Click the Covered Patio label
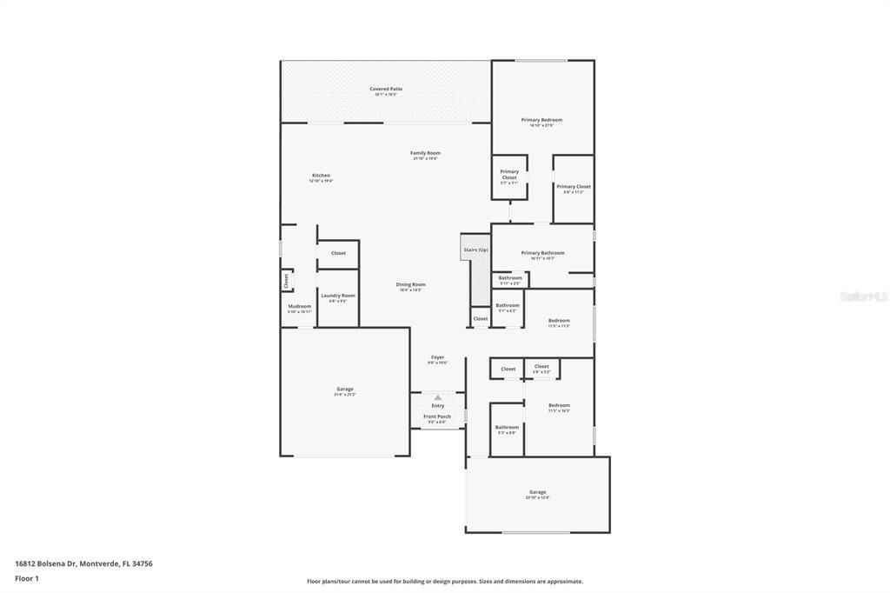click(x=385, y=89)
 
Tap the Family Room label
click(x=425, y=153)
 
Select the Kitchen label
click(x=321, y=176)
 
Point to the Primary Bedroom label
click(x=541, y=120)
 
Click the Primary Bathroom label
click(x=542, y=253)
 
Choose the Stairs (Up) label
click(x=475, y=250)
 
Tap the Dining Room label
click(x=410, y=284)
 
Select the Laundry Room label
click(x=337, y=296)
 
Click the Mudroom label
click(x=299, y=306)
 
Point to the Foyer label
click(x=437, y=357)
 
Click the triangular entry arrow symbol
click(x=437, y=397)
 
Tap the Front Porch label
click(x=437, y=416)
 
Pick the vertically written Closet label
click(x=285, y=281)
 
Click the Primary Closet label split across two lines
click(x=509, y=175)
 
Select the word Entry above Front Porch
click(x=437, y=406)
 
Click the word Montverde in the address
click(x=99, y=563)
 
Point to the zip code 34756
click(x=142, y=563)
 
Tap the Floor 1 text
click(x=27, y=577)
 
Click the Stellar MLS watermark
click(x=863, y=296)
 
